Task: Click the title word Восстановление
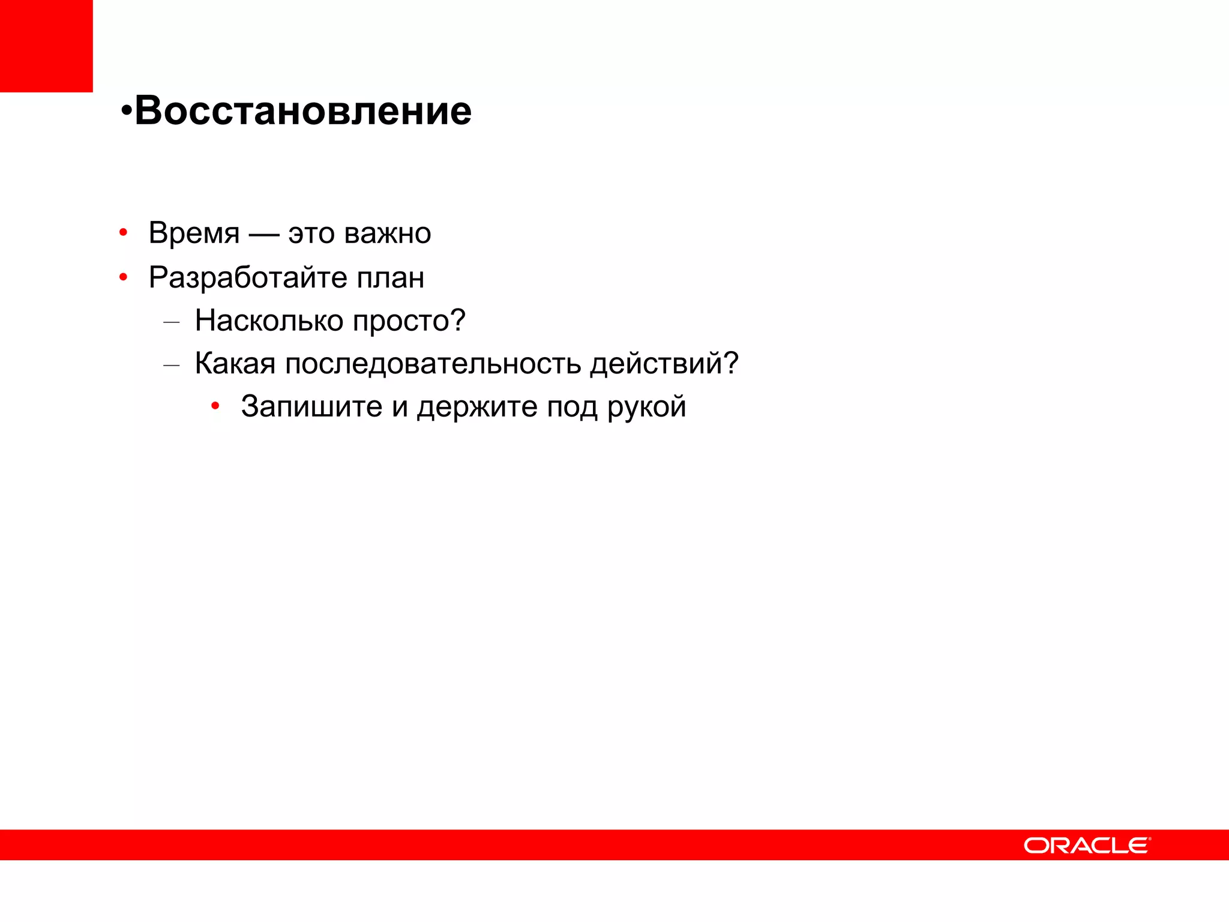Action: [x=303, y=111]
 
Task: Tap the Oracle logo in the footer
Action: [x=1087, y=845]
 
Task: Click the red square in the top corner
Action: [x=46, y=46]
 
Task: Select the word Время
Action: [x=194, y=233]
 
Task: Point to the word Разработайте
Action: [x=248, y=277]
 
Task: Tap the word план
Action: [x=391, y=277]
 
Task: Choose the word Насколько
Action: [x=269, y=321]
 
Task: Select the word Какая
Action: [x=235, y=364]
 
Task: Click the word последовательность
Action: [x=433, y=364]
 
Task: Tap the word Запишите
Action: [x=311, y=406]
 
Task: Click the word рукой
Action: [x=646, y=408]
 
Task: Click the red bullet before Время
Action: [x=123, y=232]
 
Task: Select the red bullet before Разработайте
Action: [x=123, y=277]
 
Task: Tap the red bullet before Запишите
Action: [x=215, y=406]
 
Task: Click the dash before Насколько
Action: [x=172, y=322]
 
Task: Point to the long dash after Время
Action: [x=263, y=234]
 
